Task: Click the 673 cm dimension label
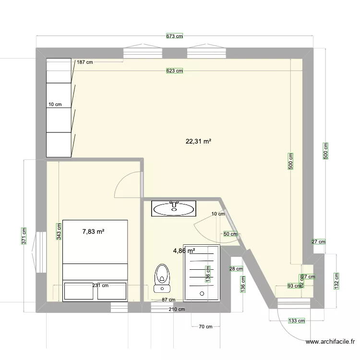pos(175,36)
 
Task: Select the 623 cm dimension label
pos(175,71)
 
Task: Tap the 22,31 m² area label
pos(199,141)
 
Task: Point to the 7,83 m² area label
pos(93,231)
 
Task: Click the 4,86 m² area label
pos(184,251)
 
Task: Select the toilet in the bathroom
pos(162,278)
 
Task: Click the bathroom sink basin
pos(174,208)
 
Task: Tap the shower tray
pos(202,273)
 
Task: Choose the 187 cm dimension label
pos(84,62)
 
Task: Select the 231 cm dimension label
pos(100,285)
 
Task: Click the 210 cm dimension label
pos(177,309)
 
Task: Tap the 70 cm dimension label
pos(205,327)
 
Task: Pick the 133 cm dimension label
pos(297,320)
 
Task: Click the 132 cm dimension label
pos(337,281)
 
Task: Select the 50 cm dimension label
pos(230,234)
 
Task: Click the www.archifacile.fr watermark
pos(331,342)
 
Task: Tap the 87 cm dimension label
pos(168,300)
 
